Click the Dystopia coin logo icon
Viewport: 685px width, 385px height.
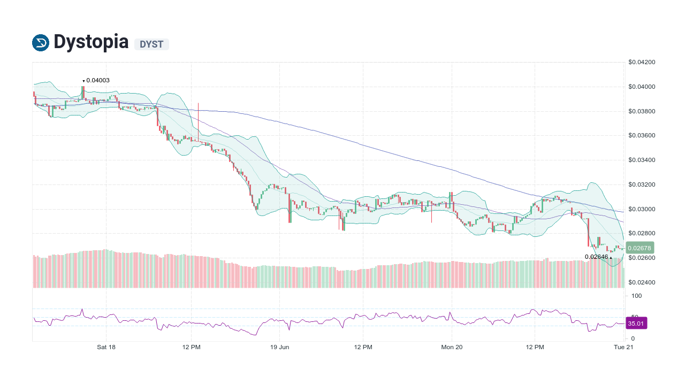[x=41, y=42]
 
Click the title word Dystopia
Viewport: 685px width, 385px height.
[x=91, y=42]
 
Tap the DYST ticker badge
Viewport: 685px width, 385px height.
[x=151, y=44]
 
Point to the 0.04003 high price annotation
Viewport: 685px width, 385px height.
[x=97, y=80]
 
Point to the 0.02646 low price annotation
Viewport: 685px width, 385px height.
[x=597, y=257]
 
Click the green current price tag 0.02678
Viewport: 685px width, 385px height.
[x=640, y=248]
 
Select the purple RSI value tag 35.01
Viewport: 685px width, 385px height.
[x=636, y=324]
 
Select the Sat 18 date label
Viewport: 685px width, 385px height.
[x=106, y=347]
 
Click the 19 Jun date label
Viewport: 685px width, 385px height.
[x=279, y=347]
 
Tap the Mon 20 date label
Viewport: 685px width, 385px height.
[x=452, y=347]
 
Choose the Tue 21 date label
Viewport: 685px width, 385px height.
[x=623, y=347]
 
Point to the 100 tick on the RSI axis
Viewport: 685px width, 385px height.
[x=636, y=296]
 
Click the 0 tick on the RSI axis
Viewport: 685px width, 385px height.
[x=633, y=338]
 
